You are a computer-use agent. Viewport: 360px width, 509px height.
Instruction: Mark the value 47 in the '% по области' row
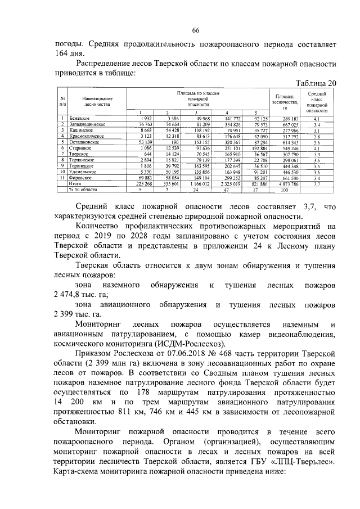click(x=226, y=190)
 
